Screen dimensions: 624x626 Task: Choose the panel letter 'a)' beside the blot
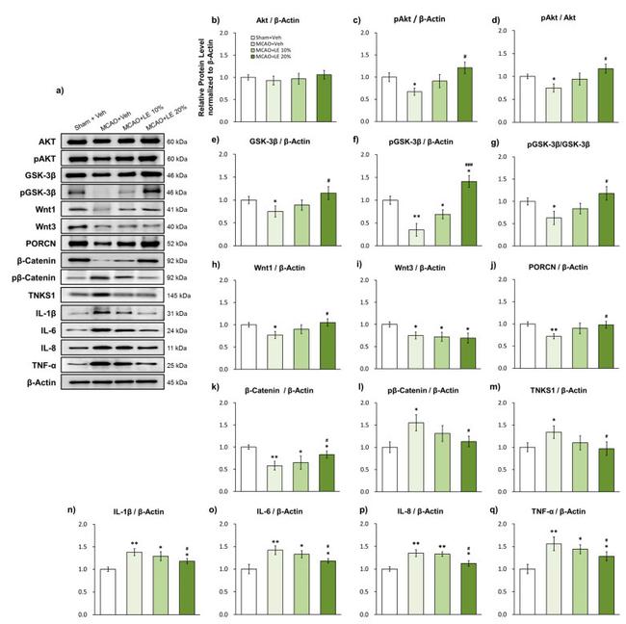pos(61,91)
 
